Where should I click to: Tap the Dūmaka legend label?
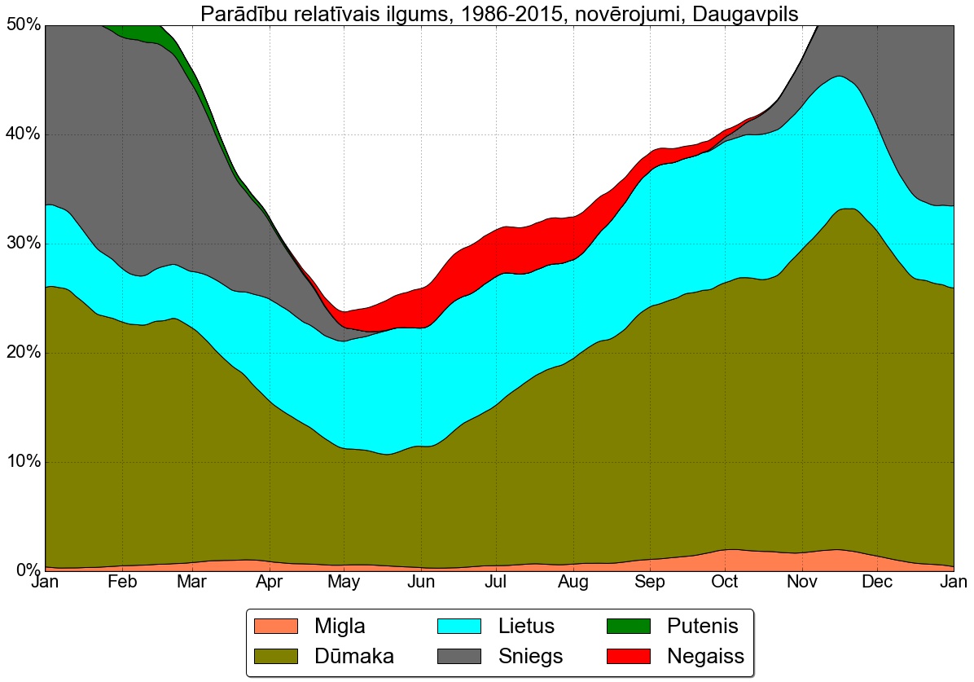pyautogui.click(x=354, y=656)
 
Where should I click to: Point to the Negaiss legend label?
pyautogui.click(x=705, y=656)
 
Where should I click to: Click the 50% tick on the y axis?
pyautogui.click(x=24, y=25)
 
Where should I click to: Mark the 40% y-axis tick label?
pyautogui.click(x=24, y=134)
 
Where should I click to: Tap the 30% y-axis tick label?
pyautogui.click(x=24, y=244)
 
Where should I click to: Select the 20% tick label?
pyautogui.click(x=24, y=353)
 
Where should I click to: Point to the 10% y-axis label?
pyautogui.click(x=24, y=462)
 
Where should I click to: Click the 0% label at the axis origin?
pyautogui.click(x=28, y=570)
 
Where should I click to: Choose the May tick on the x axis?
pyautogui.click(x=344, y=583)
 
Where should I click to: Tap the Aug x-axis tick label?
pyautogui.click(x=573, y=583)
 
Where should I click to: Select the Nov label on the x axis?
pyautogui.click(x=802, y=583)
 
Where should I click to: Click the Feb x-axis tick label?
pyautogui.click(x=122, y=583)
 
